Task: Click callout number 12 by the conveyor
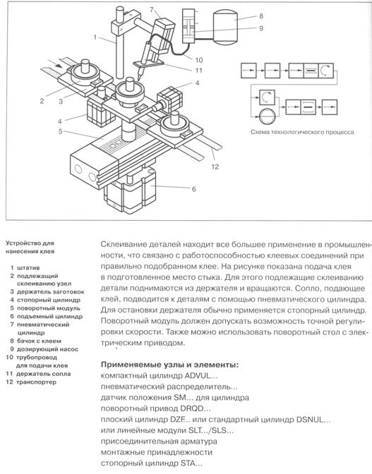[x=215, y=166]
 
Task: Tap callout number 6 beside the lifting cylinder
[x=194, y=189]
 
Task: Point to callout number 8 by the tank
[x=261, y=16]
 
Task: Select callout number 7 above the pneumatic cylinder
[x=152, y=9]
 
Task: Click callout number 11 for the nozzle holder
[x=198, y=71]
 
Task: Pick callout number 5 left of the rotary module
[x=61, y=131]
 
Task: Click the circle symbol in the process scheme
[x=268, y=116]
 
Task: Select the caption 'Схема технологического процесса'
[x=302, y=132]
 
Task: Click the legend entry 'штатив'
[x=28, y=268]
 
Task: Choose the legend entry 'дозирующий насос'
[x=47, y=349]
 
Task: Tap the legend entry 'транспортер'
[x=36, y=382]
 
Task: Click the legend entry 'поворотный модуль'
[x=49, y=308]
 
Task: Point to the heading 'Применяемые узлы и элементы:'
[x=169, y=365]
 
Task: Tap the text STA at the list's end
[x=188, y=463]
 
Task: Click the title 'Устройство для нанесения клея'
[x=30, y=248]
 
